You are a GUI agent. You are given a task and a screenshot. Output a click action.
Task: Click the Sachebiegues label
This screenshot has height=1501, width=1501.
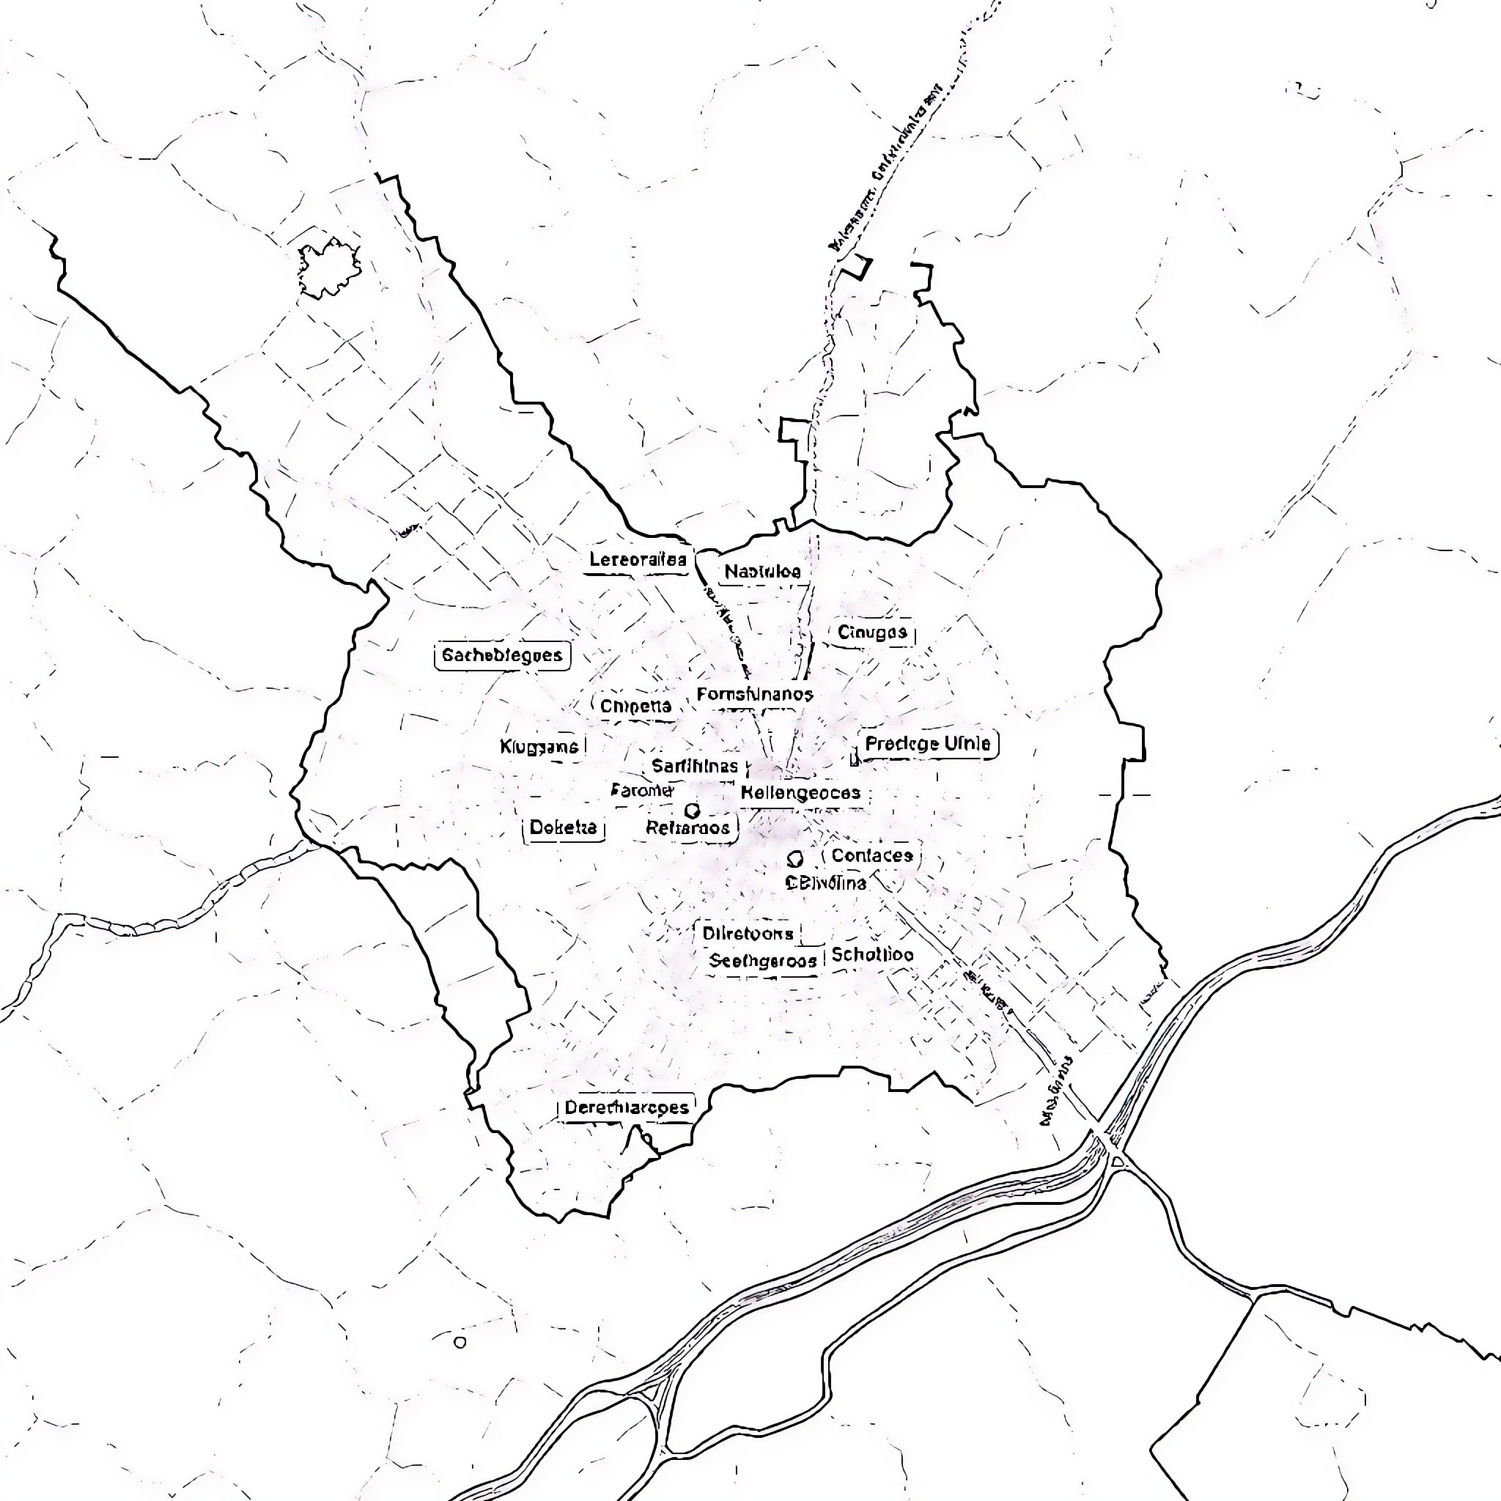(x=502, y=655)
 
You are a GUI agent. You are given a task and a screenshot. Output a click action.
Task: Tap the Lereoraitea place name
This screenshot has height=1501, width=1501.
(x=638, y=559)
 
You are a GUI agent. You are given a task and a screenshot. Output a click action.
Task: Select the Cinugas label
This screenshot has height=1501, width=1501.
(x=872, y=633)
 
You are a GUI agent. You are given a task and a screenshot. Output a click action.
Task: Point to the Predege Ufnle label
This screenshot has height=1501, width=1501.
(x=928, y=745)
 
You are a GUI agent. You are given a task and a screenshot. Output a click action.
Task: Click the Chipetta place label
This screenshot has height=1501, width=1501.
(x=635, y=707)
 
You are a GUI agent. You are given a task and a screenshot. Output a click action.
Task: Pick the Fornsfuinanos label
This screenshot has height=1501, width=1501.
(x=754, y=695)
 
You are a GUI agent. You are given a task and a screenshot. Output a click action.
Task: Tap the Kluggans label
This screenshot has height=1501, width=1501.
(x=539, y=748)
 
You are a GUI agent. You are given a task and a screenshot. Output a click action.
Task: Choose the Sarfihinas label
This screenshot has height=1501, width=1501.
(x=695, y=767)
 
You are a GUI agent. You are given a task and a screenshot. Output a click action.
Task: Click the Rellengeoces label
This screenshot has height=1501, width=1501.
(x=800, y=793)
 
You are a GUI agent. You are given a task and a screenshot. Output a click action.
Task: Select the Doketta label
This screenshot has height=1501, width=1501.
(x=564, y=827)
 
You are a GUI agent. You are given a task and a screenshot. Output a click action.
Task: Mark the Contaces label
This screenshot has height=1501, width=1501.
(x=871, y=856)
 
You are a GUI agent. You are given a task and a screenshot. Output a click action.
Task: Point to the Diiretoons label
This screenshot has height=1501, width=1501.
(x=748, y=934)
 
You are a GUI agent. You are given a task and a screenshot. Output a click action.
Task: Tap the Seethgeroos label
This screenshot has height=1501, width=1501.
(x=763, y=962)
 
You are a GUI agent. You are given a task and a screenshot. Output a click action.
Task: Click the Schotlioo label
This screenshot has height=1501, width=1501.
(x=872, y=956)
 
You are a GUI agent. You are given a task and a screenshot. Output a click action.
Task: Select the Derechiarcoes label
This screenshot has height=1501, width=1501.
(x=626, y=1108)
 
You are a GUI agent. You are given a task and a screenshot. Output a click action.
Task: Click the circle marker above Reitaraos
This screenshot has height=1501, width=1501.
(x=691, y=811)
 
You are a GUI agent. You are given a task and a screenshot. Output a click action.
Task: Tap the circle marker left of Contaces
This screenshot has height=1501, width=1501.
(x=794, y=858)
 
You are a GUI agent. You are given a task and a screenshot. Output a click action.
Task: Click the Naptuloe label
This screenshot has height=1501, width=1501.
(x=762, y=572)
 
